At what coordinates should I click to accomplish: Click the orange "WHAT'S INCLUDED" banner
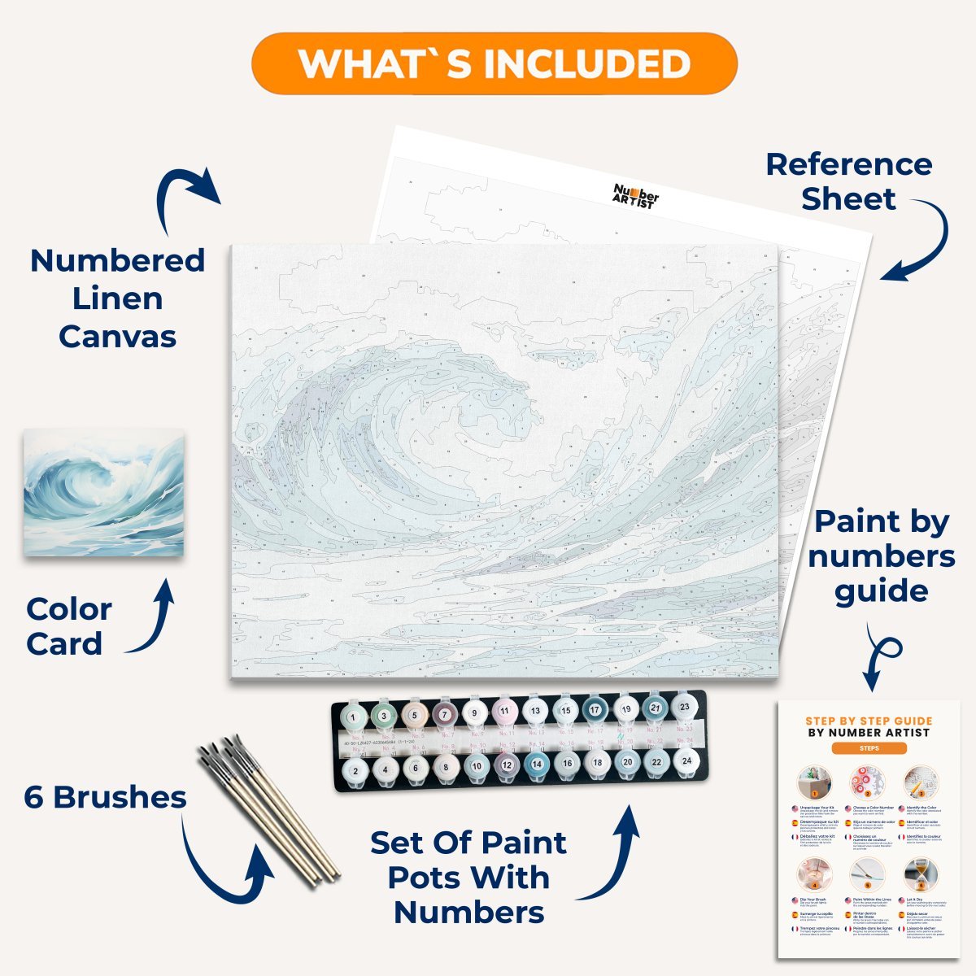(495, 63)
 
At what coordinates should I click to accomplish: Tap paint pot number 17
(595, 710)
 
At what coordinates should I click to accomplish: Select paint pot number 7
(444, 715)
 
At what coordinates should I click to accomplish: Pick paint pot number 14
(535, 764)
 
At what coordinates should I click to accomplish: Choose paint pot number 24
(686, 760)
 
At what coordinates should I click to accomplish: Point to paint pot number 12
(506, 765)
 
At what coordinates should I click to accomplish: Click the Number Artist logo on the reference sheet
(635, 196)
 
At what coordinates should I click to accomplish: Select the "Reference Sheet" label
(848, 181)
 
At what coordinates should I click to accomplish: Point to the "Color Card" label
(68, 626)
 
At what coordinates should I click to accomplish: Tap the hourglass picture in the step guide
(920, 874)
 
